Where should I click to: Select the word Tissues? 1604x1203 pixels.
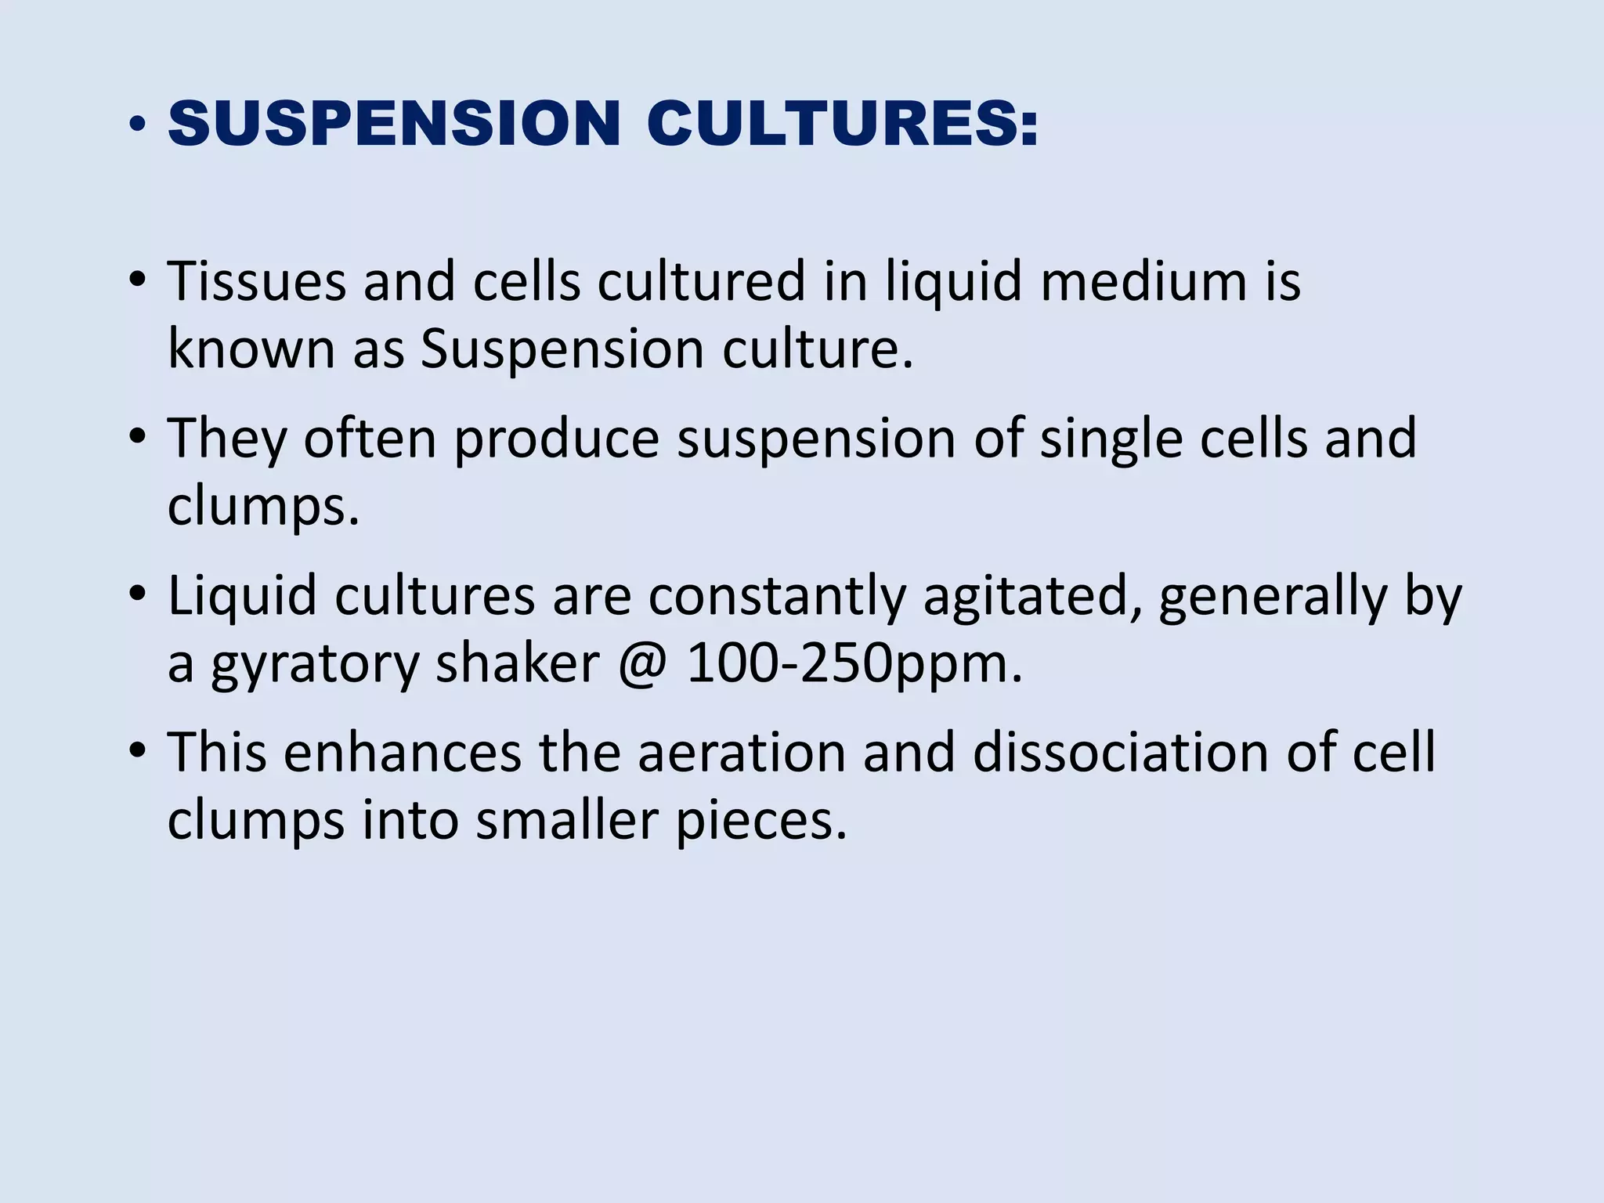coord(256,280)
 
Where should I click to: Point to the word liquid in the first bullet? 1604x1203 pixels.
coord(953,280)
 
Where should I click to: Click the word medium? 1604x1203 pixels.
coord(1143,280)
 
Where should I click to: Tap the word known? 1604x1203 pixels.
coord(251,349)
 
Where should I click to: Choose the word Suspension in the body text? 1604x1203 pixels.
coord(562,349)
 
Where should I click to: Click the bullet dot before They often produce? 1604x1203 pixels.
coord(138,435)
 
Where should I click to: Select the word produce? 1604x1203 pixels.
coord(556,439)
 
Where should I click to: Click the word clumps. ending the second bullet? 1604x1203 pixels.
coord(263,507)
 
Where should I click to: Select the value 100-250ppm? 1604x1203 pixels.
coord(854,665)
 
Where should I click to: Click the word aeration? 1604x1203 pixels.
coord(742,753)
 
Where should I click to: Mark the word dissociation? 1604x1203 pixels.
coord(1121,753)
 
